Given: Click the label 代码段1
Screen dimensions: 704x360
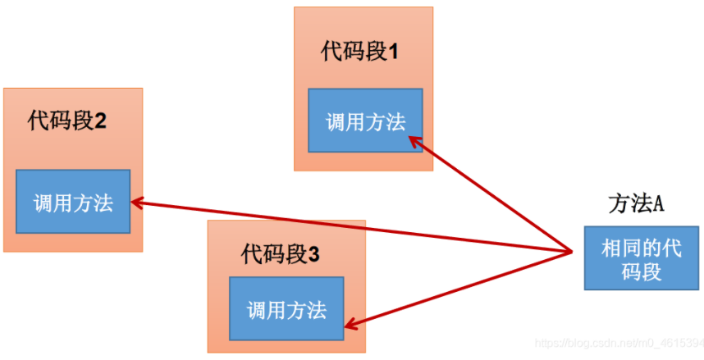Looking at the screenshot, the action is point(359,52).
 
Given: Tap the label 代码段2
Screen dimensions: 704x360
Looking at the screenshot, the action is point(66,121).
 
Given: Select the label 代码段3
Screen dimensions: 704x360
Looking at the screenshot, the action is point(281,254).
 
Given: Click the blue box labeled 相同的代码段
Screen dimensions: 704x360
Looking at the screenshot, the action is point(641,257).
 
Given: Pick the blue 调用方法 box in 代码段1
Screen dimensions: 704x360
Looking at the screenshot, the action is point(365,121).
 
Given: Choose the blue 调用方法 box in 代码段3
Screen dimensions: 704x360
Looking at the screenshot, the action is point(286,309).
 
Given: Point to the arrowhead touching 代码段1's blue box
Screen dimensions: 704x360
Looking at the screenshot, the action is point(414,141).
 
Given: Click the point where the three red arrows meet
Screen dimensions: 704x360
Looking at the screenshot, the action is point(571,250).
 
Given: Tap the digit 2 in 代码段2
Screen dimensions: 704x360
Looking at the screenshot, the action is point(100,121).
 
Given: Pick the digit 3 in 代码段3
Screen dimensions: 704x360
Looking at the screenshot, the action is point(314,254).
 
